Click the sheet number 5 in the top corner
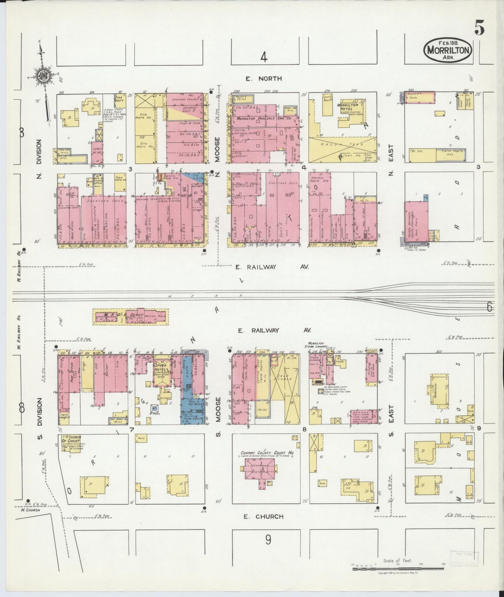(479, 29)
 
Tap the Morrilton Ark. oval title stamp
(448, 50)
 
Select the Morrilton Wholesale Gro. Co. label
(259, 119)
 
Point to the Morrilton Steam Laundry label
(317, 344)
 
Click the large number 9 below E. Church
(268, 540)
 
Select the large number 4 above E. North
(264, 57)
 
